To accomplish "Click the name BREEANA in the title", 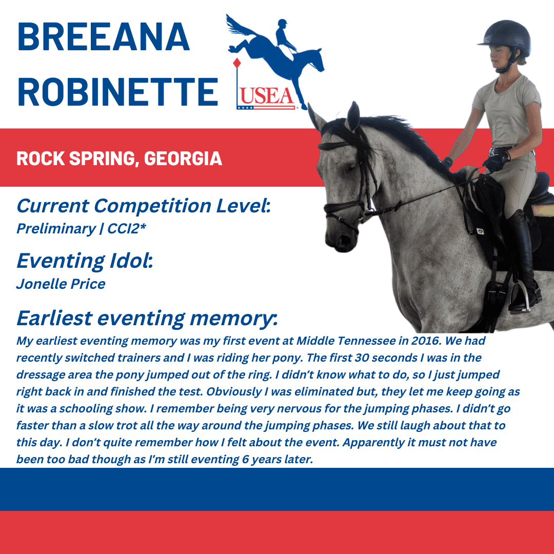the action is pyautogui.click(x=103, y=37).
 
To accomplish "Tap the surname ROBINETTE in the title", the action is pyautogui.click(x=117, y=92).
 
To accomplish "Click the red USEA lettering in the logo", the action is pyautogui.click(x=266, y=96).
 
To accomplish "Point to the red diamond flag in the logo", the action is pyautogui.click(x=236, y=63).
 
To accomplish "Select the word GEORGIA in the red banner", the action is pyautogui.click(x=183, y=159).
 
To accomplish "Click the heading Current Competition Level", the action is pyautogui.click(x=144, y=206).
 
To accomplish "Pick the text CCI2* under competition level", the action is pyautogui.click(x=127, y=229).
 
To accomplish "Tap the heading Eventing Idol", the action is pyautogui.click(x=85, y=261).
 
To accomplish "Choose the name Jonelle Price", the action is pyautogui.click(x=61, y=284).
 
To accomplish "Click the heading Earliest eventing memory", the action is pyautogui.click(x=147, y=318).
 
